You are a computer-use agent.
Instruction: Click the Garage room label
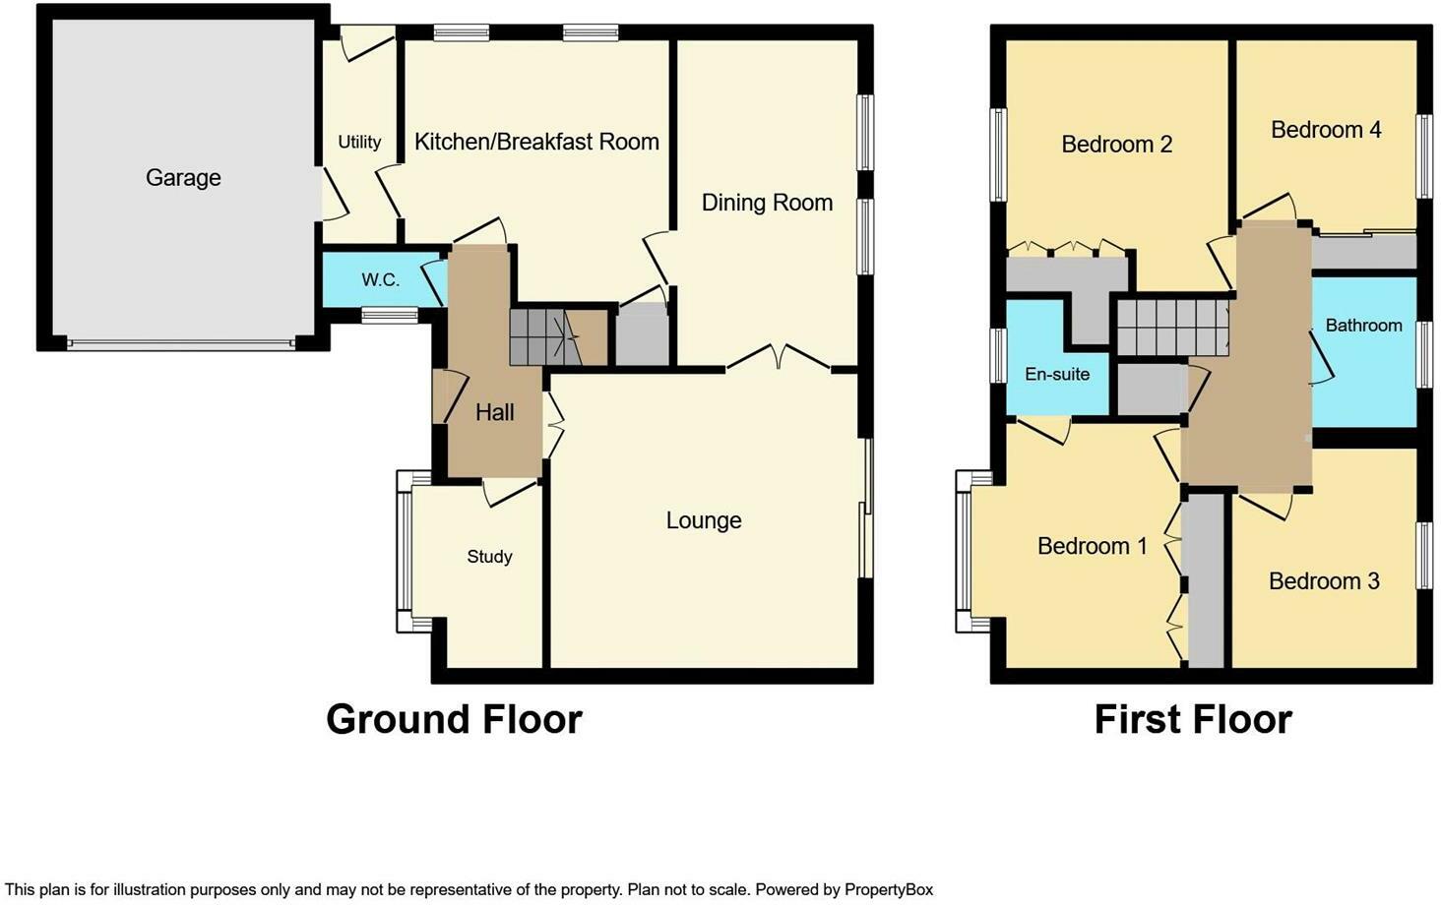pyautogui.click(x=183, y=178)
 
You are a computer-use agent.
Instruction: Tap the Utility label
pyautogui.click(x=359, y=142)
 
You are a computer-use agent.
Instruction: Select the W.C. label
pyautogui.click(x=380, y=279)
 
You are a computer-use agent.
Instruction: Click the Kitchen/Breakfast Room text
pyautogui.click(x=536, y=142)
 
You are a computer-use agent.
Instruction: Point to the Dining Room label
pyautogui.click(x=767, y=203)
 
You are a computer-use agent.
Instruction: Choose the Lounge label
pyautogui.click(x=704, y=520)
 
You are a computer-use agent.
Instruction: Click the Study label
pyautogui.click(x=489, y=557)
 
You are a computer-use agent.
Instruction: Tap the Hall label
pyautogui.click(x=494, y=412)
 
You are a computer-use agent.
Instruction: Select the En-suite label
pyautogui.click(x=1057, y=374)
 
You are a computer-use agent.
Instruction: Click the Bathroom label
pyautogui.click(x=1363, y=326)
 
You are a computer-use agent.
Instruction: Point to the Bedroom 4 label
pyautogui.click(x=1326, y=130)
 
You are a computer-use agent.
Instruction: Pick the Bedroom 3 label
pyautogui.click(x=1324, y=581)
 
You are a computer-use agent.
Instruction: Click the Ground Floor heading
pyautogui.click(x=454, y=719)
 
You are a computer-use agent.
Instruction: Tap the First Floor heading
pyautogui.click(x=1192, y=719)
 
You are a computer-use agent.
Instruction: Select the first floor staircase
pyautogui.click(x=1172, y=327)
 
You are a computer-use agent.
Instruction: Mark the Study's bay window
pyautogui.click(x=405, y=551)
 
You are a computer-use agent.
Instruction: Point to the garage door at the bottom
pyautogui.click(x=181, y=344)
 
